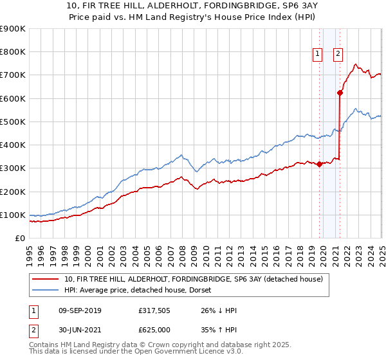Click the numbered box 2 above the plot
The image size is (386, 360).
(x=338, y=55)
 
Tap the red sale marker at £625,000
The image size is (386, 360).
(x=340, y=93)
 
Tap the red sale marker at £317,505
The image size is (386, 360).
(x=319, y=164)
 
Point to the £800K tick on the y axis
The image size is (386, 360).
(x=13, y=52)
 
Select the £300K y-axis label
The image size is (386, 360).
(x=13, y=168)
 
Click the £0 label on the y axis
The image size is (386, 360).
(x=20, y=239)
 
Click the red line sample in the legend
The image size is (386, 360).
(x=45, y=278)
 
